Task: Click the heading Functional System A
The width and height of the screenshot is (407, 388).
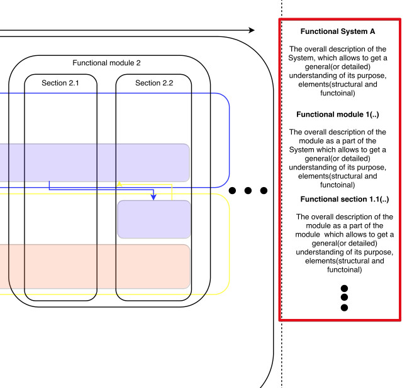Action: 337,31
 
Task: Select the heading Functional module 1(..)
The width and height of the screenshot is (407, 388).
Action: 337,114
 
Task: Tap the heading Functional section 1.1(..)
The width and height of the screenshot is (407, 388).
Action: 345,199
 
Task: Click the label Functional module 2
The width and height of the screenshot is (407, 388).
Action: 106,63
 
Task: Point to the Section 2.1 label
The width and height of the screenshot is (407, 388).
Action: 60,83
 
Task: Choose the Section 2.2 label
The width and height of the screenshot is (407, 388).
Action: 154,83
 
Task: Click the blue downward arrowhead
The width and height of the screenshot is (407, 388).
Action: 153,197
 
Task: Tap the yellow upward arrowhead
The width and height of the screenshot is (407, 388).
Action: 120,183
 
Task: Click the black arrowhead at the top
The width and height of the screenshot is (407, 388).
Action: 251,30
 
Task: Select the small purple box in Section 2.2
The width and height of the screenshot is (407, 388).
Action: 154,219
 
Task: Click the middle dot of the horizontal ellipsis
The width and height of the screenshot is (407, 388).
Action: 248,191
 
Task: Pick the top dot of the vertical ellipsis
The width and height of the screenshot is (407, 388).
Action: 344,288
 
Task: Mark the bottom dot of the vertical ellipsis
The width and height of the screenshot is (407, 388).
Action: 344,308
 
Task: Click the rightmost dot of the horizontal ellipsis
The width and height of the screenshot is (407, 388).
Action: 264,191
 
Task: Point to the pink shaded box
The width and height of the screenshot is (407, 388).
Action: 95,267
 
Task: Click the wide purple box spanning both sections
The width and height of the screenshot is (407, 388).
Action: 95,163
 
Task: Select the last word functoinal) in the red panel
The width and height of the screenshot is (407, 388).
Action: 345,269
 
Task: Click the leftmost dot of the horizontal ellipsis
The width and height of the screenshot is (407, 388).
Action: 232,191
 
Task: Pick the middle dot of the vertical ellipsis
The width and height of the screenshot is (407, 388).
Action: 344,297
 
